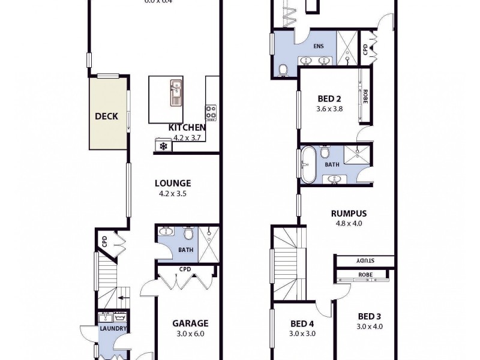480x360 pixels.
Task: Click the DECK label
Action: coord(107,116)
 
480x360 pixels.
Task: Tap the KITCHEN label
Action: coord(187,127)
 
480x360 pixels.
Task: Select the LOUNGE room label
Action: coord(173,184)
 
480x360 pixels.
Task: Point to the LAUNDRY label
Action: coord(113,329)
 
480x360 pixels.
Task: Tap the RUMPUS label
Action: coord(349,213)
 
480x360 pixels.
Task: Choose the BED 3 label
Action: coord(370,317)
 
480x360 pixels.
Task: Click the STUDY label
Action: coord(365,261)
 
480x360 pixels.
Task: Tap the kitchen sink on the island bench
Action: coord(176,89)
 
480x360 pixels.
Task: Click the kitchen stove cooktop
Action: coord(211,111)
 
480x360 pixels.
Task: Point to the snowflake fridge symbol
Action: coord(162,146)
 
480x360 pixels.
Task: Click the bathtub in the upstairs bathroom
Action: coord(308,164)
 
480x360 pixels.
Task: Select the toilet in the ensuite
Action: coord(284,69)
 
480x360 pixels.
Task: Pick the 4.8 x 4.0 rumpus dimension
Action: coord(349,223)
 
